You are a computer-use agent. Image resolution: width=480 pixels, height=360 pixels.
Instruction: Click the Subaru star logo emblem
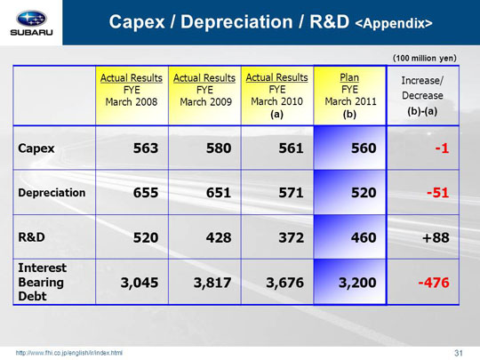(x=31, y=19)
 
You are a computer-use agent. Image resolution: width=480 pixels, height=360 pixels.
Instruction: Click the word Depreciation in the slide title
(x=236, y=22)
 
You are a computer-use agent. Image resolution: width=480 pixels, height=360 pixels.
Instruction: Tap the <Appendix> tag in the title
(x=394, y=24)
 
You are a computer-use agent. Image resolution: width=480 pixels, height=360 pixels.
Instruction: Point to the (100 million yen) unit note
(x=425, y=58)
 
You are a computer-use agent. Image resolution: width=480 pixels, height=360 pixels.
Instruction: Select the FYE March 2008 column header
(x=132, y=90)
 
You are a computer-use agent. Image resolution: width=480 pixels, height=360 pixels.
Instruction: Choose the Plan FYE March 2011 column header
(x=350, y=96)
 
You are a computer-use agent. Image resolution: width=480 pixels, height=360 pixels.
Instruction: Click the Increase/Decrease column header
(x=422, y=95)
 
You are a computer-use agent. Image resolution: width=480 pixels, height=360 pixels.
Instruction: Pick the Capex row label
(x=36, y=148)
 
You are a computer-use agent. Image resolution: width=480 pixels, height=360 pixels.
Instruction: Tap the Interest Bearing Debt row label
(x=43, y=282)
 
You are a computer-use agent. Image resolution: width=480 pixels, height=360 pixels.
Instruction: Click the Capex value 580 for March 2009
(x=219, y=148)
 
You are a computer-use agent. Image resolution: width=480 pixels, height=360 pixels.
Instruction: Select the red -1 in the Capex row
(x=442, y=148)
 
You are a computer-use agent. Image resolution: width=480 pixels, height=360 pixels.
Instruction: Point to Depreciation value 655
(x=146, y=193)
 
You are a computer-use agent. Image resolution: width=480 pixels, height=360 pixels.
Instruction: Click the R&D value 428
(x=219, y=237)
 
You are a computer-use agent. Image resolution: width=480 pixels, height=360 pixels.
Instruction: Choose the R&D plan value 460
(x=364, y=237)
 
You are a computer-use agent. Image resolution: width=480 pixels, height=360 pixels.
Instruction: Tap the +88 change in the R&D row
(x=436, y=237)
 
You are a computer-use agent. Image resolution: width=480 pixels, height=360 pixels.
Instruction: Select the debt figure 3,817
(x=212, y=283)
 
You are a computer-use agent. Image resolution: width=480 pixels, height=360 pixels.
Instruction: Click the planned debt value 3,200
(x=357, y=283)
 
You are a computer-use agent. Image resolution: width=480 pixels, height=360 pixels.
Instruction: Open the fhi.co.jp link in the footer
(x=69, y=353)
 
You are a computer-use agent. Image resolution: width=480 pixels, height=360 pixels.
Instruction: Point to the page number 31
(x=459, y=353)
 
